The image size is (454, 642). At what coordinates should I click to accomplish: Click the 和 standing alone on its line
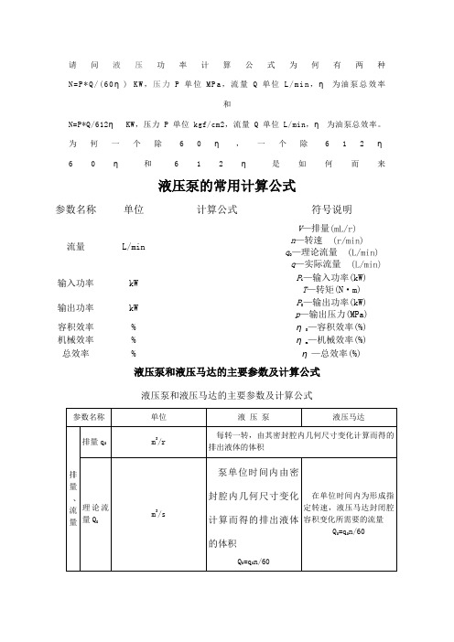(227, 104)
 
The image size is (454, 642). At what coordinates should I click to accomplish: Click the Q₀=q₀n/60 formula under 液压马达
(347, 533)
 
